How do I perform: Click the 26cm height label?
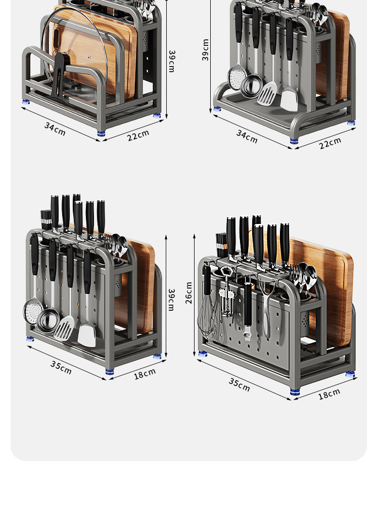tap(188, 293)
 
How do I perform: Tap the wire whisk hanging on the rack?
tap(207, 303)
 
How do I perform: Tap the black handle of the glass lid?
tap(58, 76)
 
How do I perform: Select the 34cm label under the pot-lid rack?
tap(55, 129)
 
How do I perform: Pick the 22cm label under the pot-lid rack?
tap(138, 135)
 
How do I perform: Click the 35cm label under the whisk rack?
tap(240, 384)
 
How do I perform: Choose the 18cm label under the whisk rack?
tap(329, 393)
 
